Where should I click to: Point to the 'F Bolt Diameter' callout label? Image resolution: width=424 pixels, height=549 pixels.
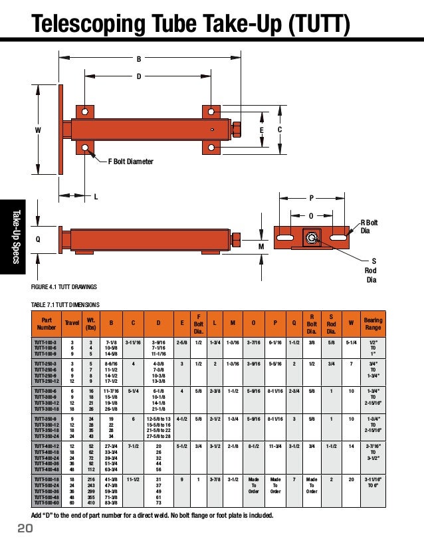[131, 162]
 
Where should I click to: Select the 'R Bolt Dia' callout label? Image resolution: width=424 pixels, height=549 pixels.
[369, 227]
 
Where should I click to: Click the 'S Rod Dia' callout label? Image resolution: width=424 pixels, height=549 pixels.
[370, 270]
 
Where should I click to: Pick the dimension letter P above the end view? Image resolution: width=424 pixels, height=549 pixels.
[310, 198]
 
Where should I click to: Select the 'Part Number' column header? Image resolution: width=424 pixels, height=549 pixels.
[47, 323]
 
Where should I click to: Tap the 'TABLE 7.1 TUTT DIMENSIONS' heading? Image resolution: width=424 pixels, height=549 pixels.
[65, 304]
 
